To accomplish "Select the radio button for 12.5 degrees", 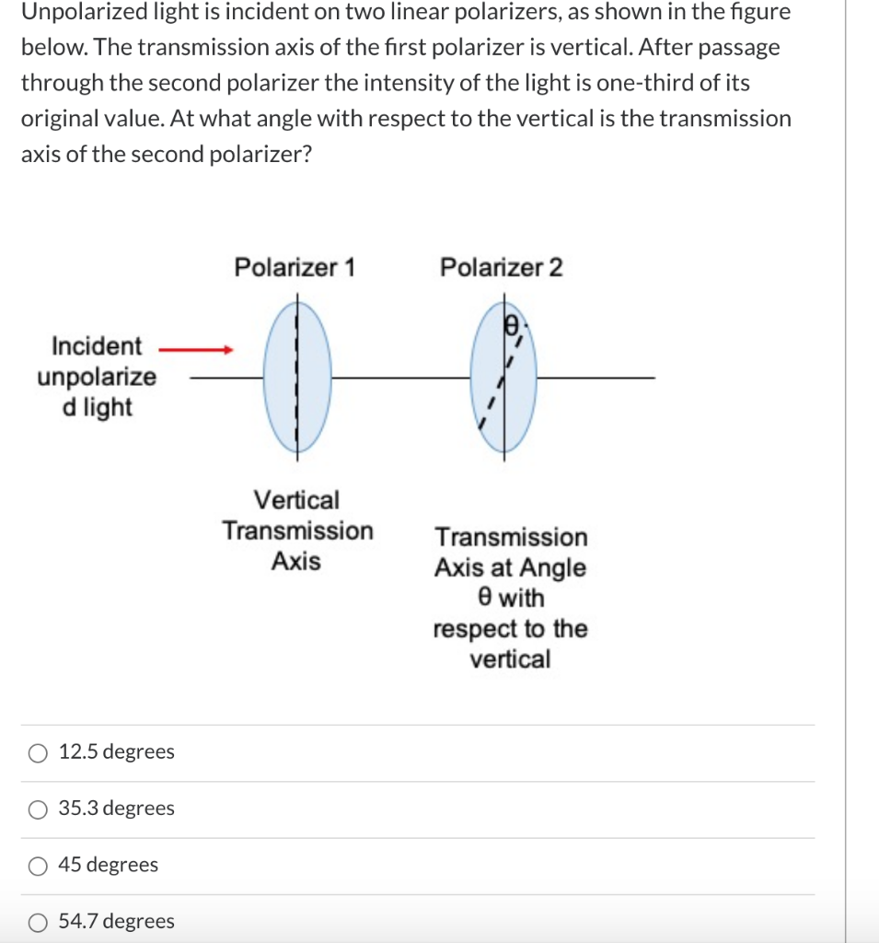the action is (x=38, y=753).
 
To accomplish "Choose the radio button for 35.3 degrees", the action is (x=38, y=809).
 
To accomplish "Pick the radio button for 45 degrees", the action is (x=38, y=866).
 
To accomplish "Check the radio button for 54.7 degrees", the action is (x=38, y=922).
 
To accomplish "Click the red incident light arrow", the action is (x=195, y=350).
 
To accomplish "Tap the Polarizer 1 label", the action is (x=295, y=268).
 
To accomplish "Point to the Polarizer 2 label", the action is (x=501, y=268).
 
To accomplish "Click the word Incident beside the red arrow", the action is (x=97, y=346).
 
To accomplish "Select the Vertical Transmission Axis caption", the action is (x=296, y=530).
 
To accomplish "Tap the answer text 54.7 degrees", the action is (x=116, y=921).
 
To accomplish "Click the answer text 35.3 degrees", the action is (x=116, y=809).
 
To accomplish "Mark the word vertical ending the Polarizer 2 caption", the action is (x=510, y=659).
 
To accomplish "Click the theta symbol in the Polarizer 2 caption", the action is (x=484, y=598).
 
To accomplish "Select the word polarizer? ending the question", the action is (x=260, y=154).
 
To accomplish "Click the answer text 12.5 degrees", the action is (x=116, y=752).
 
